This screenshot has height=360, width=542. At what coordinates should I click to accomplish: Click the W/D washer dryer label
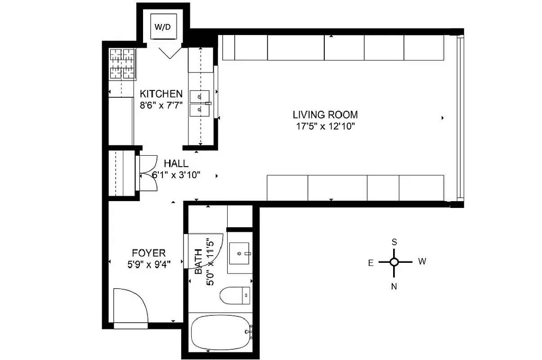pos(163,27)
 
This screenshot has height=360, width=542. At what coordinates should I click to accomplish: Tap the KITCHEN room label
pos(161,94)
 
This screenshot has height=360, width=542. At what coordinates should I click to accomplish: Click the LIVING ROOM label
pos(325,115)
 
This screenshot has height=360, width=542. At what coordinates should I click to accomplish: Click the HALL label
pos(176,164)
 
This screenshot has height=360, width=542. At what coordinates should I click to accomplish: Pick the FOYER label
pos(148,253)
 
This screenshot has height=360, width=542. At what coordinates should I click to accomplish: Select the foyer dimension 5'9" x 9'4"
pos(148,264)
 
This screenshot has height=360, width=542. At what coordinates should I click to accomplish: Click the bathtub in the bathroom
pos(220,332)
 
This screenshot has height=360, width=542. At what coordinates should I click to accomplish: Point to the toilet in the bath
pos(233,296)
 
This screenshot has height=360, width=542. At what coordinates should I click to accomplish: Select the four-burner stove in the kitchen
pos(123,65)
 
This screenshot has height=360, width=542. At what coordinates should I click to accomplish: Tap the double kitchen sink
pos(200,103)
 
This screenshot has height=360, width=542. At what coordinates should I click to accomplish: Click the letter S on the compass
pos(394,242)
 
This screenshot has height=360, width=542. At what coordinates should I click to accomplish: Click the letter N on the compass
pos(394,286)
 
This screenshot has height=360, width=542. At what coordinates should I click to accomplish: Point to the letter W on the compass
pos(422,261)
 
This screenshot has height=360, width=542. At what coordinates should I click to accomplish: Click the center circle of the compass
pos(394,262)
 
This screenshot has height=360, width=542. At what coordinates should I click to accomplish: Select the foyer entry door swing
pos(130,306)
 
